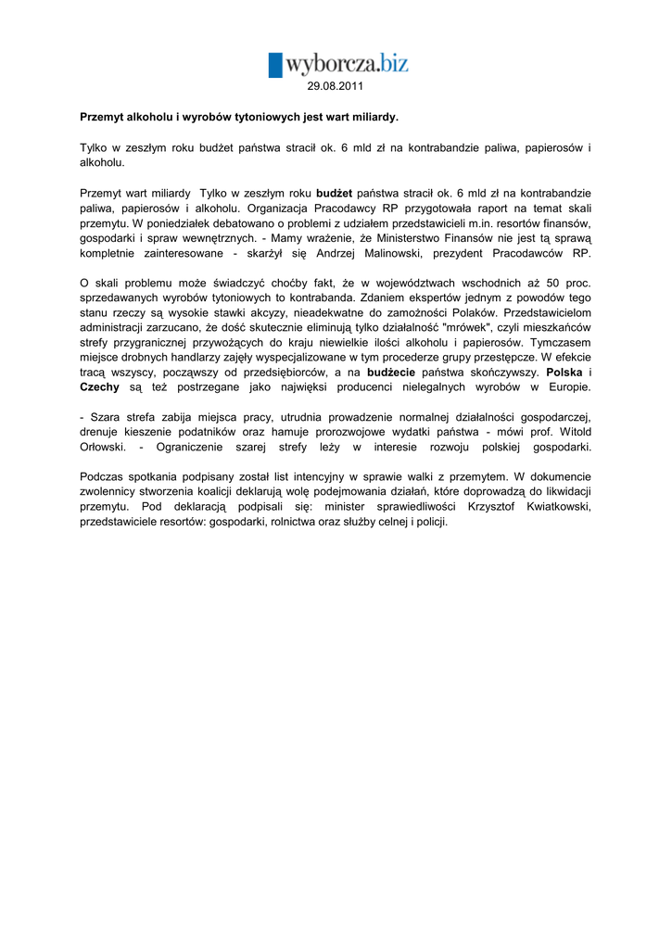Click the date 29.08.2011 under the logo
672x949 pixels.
point(336,86)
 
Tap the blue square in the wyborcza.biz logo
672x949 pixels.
point(275,65)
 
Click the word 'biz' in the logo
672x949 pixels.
point(387,63)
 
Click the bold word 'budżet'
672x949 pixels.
point(335,193)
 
